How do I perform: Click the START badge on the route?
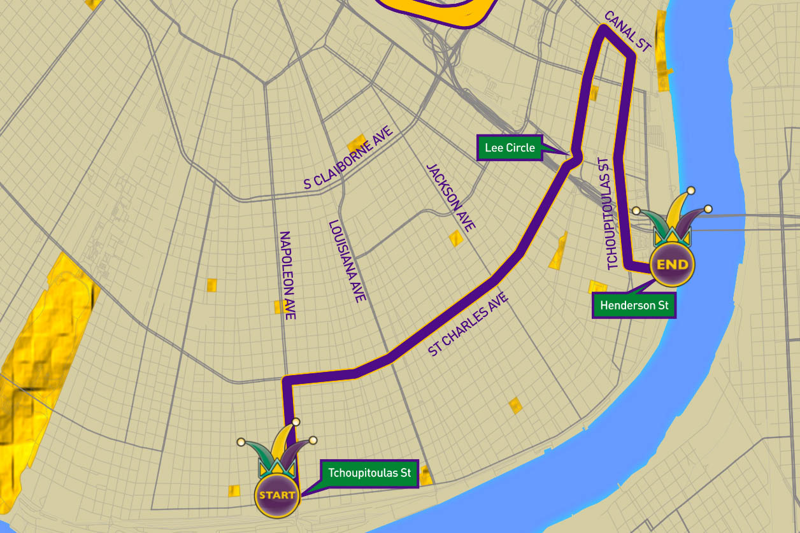pyautogui.click(x=277, y=495)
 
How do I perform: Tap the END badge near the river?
pyautogui.click(x=672, y=264)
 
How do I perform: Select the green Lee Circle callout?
pyautogui.click(x=510, y=148)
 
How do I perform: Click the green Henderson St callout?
pyautogui.click(x=634, y=306)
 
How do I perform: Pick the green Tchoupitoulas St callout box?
pyautogui.click(x=369, y=473)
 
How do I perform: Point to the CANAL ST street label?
pyautogui.click(x=627, y=31)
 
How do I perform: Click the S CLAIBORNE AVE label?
pyautogui.click(x=348, y=158)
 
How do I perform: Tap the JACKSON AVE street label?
pyautogui.click(x=451, y=197)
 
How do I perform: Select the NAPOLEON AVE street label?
pyautogui.click(x=287, y=275)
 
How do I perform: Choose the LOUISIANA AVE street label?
pyautogui.click(x=347, y=261)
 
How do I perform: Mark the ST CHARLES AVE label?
pyautogui.click(x=468, y=324)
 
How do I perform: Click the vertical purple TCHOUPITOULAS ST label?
pyautogui.click(x=608, y=213)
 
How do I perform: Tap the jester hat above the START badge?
pyautogui.click(x=278, y=449)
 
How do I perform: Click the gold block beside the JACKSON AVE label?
pyautogui.click(x=456, y=239)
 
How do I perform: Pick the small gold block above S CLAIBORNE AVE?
pyautogui.click(x=356, y=142)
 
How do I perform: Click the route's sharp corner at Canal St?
pyautogui.click(x=603, y=28)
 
